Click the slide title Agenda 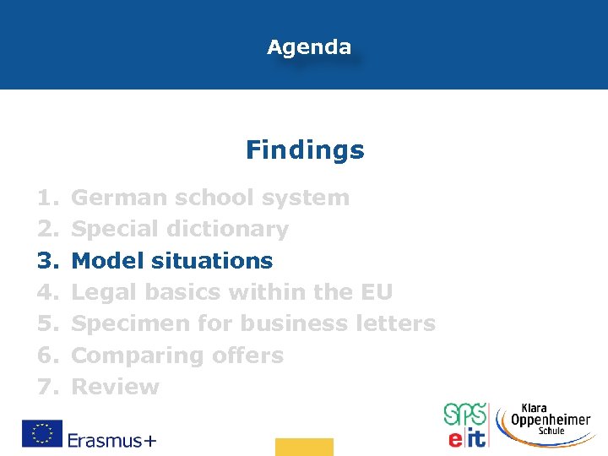309,47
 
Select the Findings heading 305,150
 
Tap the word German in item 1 118,198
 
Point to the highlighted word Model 108,260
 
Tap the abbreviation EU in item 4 377,292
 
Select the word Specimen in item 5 129,323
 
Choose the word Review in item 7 115,387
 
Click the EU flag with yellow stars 41,433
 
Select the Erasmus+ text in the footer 111,439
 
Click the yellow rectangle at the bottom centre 304,447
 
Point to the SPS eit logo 464,425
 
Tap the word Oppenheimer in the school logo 551,419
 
